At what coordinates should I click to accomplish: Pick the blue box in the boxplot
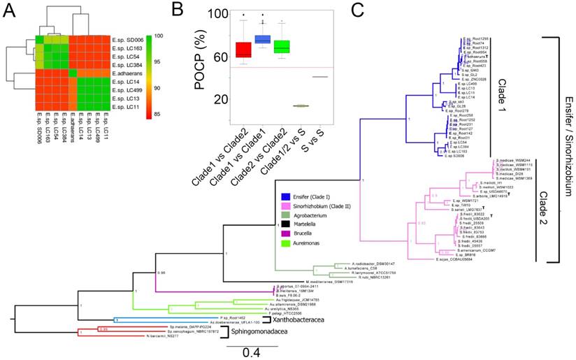263,39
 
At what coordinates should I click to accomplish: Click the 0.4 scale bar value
245,353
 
